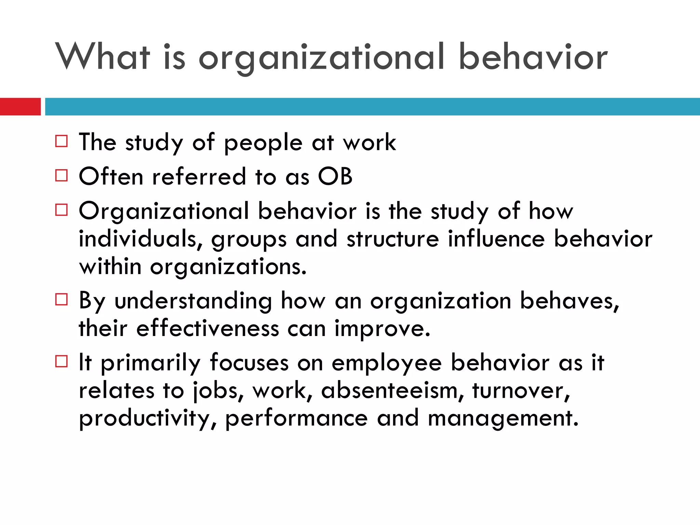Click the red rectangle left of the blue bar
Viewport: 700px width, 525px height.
coord(20,107)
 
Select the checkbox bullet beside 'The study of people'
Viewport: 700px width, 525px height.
coord(62,141)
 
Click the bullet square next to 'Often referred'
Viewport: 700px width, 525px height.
coord(62,175)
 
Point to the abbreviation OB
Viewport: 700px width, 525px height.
coord(335,176)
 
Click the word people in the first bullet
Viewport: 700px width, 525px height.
coord(263,143)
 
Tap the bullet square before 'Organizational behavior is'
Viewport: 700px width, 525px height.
coord(62,210)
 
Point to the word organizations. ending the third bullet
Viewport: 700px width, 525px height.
coord(228,267)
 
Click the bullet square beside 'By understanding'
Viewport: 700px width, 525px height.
coord(62,299)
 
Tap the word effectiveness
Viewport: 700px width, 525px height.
coord(207,328)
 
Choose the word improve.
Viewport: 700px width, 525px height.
coord(382,329)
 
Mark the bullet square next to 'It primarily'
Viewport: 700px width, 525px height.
coord(62,361)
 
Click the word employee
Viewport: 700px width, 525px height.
coord(387,363)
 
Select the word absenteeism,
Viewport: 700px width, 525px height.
coord(393,391)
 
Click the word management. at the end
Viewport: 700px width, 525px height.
coord(503,419)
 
